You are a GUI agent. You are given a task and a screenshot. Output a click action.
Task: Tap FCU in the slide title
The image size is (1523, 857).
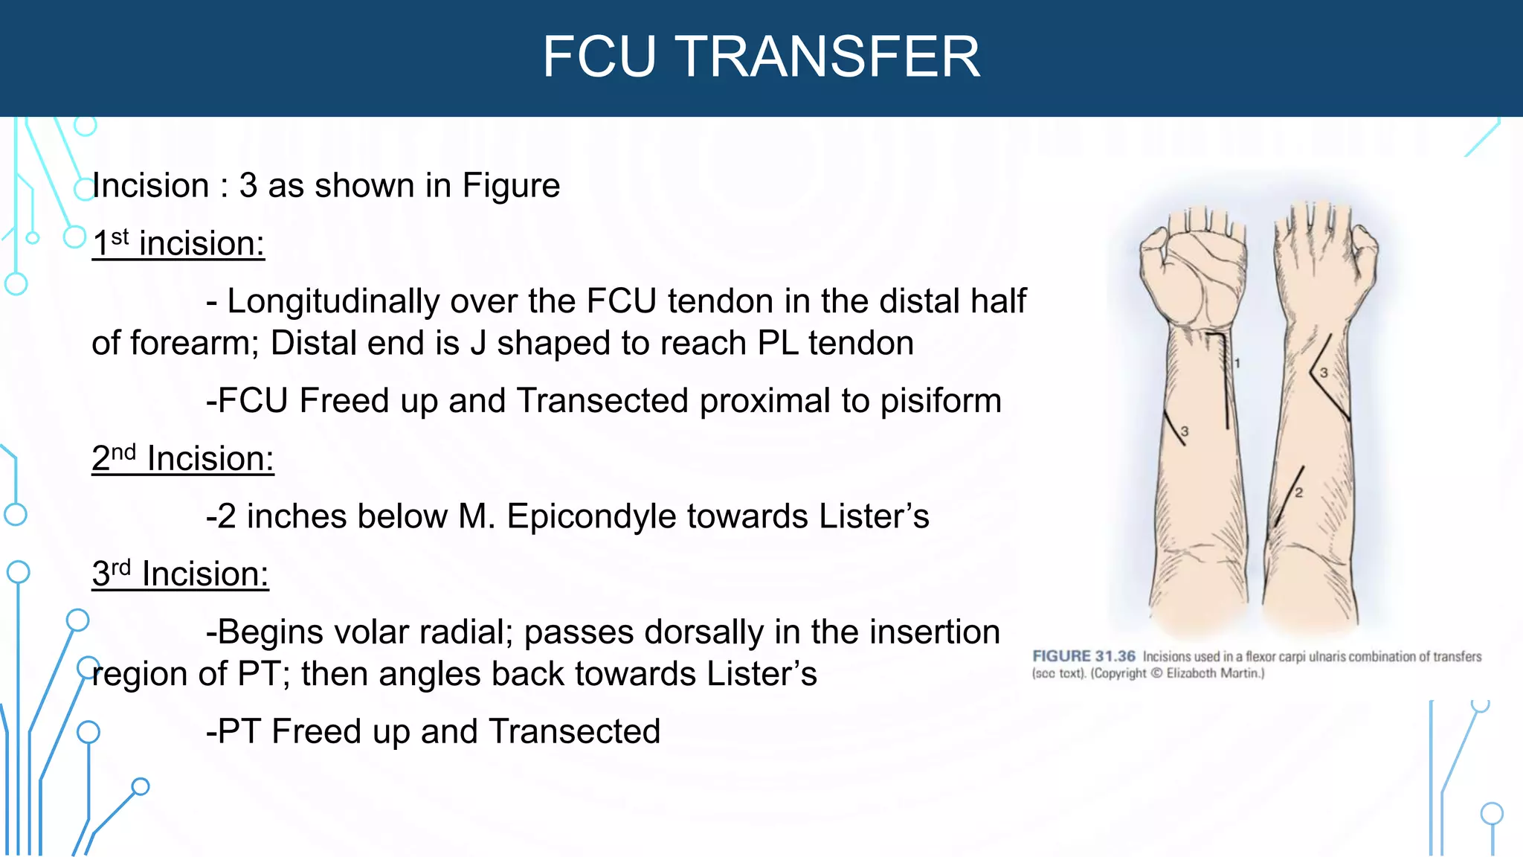click(599, 57)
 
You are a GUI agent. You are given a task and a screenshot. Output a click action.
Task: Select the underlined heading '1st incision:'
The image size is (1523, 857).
click(178, 243)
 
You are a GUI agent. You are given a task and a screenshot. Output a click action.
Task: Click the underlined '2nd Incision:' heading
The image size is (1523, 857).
click(183, 458)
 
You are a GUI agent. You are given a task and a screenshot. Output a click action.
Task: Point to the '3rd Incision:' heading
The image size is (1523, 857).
click(180, 574)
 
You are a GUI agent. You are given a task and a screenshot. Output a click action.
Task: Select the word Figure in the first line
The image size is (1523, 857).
click(511, 185)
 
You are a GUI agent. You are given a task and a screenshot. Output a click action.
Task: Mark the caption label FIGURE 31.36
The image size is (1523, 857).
click(1084, 656)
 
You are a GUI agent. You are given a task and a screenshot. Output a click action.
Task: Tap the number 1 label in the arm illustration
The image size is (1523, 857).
click(1237, 363)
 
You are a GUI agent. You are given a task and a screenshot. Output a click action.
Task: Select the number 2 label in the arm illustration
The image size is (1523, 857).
click(1298, 492)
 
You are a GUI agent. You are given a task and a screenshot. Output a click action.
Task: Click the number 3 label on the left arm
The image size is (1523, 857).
click(1185, 431)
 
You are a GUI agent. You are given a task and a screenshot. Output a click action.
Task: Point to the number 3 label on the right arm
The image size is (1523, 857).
click(1324, 373)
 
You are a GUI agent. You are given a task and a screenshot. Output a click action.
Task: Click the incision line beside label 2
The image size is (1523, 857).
click(1289, 497)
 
